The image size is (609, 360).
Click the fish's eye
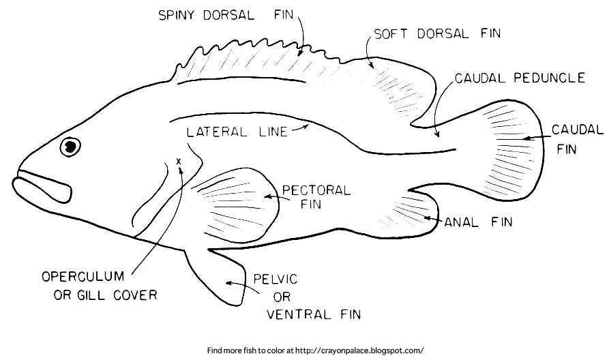point(69,147)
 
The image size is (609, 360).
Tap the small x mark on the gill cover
point(179,161)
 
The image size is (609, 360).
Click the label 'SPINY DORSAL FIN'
point(222,14)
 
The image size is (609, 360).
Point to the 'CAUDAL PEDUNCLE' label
point(520,78)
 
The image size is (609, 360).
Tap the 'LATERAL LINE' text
point(235,132)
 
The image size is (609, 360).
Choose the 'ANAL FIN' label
point(478,222)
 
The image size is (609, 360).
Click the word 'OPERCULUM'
point(83,277)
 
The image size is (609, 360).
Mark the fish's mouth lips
point(42,186)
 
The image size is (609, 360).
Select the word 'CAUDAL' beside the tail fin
point(577,130)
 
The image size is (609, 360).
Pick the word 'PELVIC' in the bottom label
point(276,280)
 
